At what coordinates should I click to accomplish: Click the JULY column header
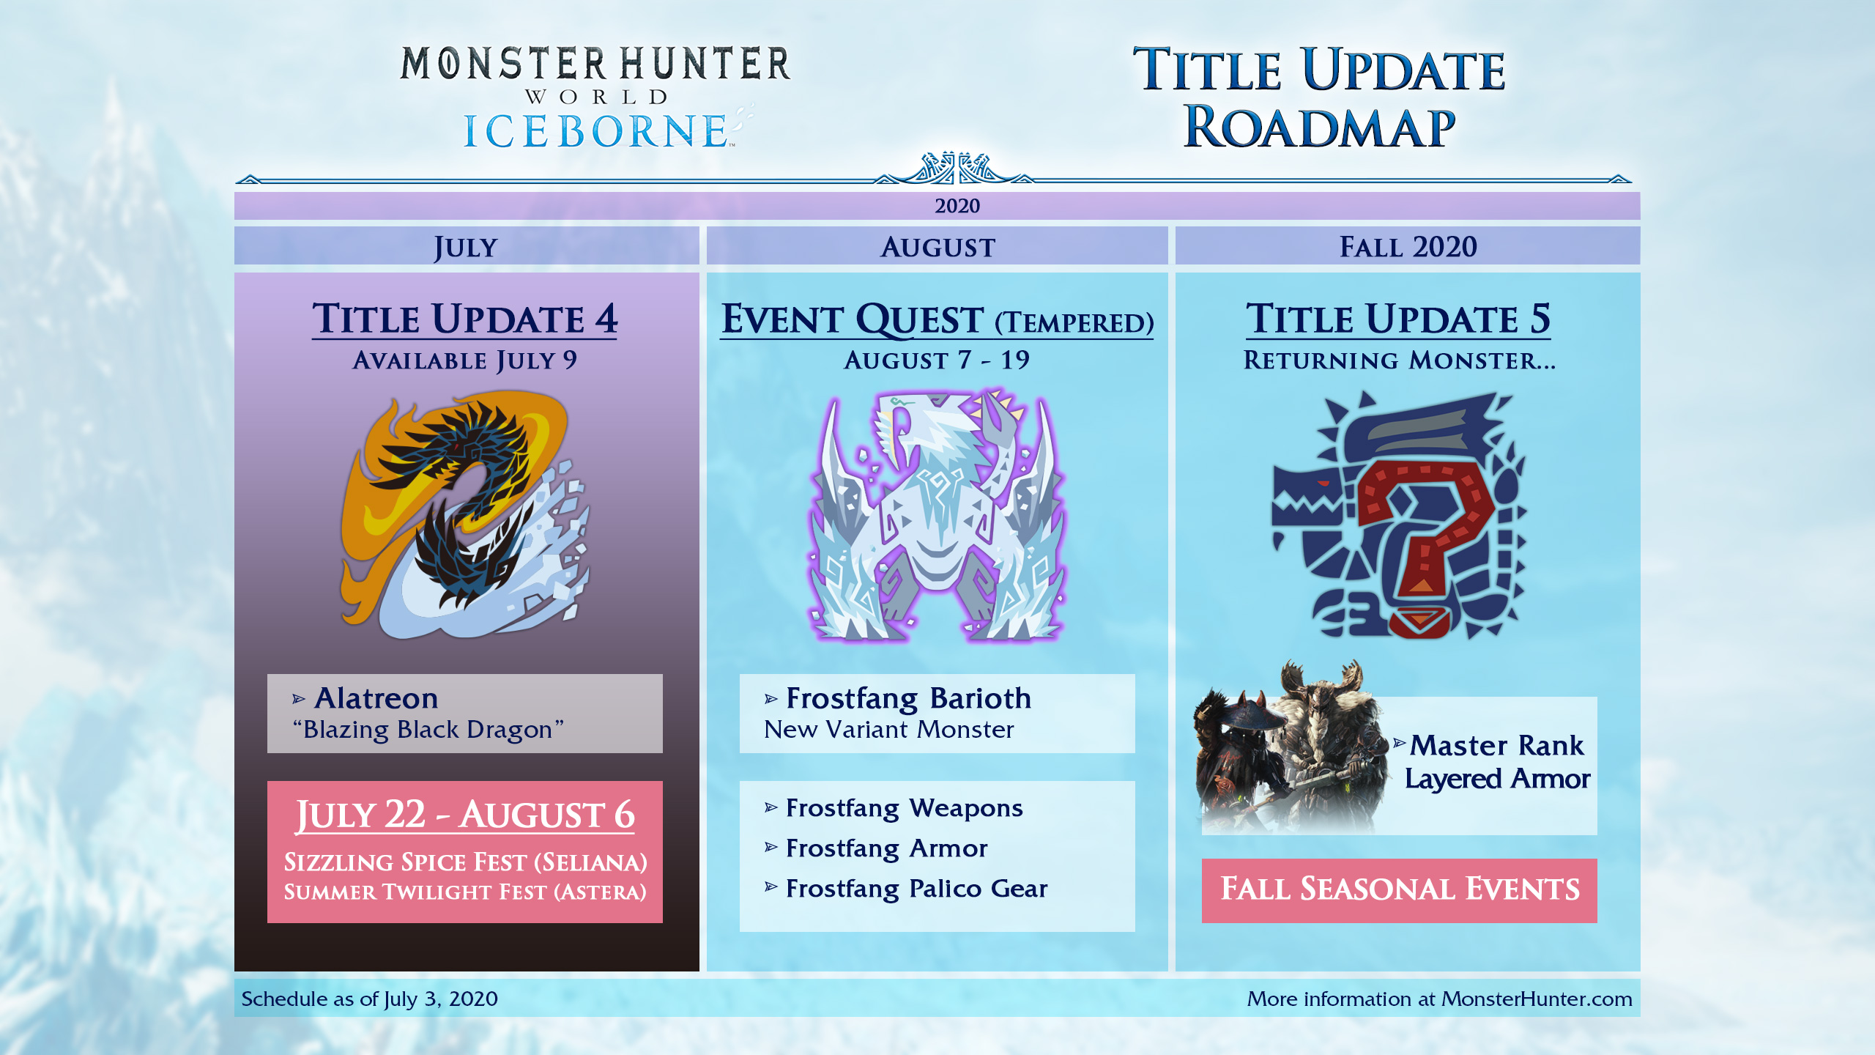tap(466, 247)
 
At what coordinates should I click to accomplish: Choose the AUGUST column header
tap(937, 247)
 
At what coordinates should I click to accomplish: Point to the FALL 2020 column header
tap(1408, 247)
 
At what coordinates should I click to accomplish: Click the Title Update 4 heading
tap(465, 319)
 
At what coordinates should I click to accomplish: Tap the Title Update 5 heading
tap(1398, 319)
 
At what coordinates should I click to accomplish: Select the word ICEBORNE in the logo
tap(595, 131)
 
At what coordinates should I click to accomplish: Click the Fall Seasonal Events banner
tap(1399, 889)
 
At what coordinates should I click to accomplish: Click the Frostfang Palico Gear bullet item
tap(906, 889)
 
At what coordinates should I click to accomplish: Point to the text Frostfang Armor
tap(887, 848)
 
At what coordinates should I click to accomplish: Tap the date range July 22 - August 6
tap(465, 815)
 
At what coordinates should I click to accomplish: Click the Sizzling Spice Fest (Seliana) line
tap(465, 862)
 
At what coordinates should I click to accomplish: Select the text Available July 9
tap(465, 360)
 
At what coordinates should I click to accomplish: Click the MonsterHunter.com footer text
tap(1537, 999)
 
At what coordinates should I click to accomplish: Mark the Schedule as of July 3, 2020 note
tap(370, 999)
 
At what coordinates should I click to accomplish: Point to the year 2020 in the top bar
tap(957, 206)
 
